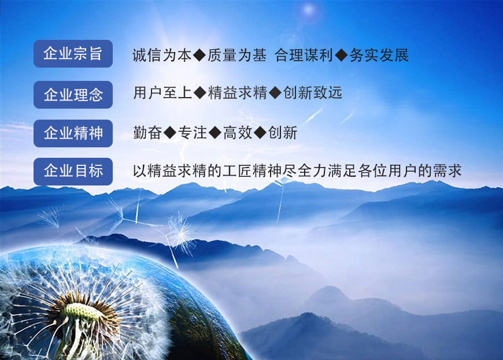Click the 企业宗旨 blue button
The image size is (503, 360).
pos(73,54)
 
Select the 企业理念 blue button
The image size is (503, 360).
pos(73,95)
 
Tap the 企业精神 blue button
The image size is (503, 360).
pos(73,133)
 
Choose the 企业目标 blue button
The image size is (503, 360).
pos(73,172)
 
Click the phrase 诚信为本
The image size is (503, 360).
pos(162,55)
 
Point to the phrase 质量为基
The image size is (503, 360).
pos(236,55)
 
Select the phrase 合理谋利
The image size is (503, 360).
pos(304,55)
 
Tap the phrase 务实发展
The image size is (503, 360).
pos(379,55)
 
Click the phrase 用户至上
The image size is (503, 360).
pos(162,93)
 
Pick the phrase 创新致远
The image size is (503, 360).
pos(312,93)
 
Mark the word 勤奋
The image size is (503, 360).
pos(147,132)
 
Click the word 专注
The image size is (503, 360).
pos(193,132)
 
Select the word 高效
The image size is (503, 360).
pos(238,132)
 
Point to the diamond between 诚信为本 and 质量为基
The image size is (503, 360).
pos(199,55)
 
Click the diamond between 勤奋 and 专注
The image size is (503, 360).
pos(170,132)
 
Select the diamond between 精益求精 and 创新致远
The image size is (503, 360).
pos(275,93)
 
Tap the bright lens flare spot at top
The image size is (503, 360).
pos(309,10)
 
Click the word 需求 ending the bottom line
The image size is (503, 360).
pos(447,170)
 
